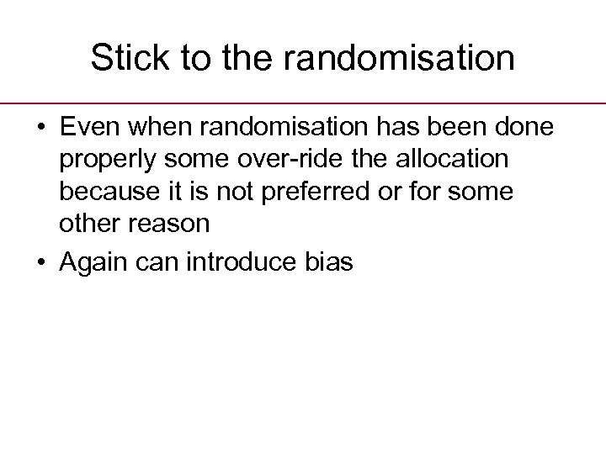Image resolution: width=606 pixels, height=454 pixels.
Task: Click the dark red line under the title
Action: click(303, 103)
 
